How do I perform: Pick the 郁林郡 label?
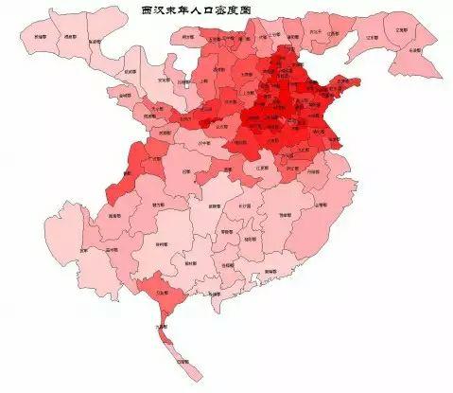coord(191,261)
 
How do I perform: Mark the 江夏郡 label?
coord(262,169)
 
